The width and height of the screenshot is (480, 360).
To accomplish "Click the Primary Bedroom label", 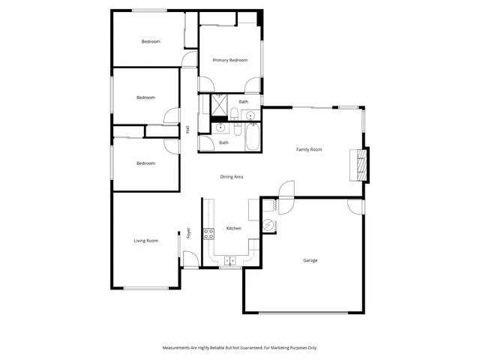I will click(x=230, y=60).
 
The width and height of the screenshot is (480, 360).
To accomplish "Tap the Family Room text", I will click(x=309, y=150).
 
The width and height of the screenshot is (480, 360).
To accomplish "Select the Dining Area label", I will click(x=232, y=177).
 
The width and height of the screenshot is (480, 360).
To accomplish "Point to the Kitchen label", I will click(x=233, y=229).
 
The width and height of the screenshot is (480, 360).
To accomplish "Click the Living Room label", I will click(x=146, y=241).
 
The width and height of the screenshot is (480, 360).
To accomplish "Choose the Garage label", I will click(x=310, y=260).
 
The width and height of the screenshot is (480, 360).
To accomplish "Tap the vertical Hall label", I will click(x=187, y=130).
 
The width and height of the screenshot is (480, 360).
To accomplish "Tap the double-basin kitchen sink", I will click(x=230, y=260).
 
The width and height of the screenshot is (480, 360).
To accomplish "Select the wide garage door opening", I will click(x=304, y=312).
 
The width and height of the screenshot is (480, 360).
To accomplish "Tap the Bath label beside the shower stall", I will click(x=244, y=102).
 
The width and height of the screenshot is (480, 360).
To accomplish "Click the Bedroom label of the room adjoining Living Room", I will click(x=145, y=163).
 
